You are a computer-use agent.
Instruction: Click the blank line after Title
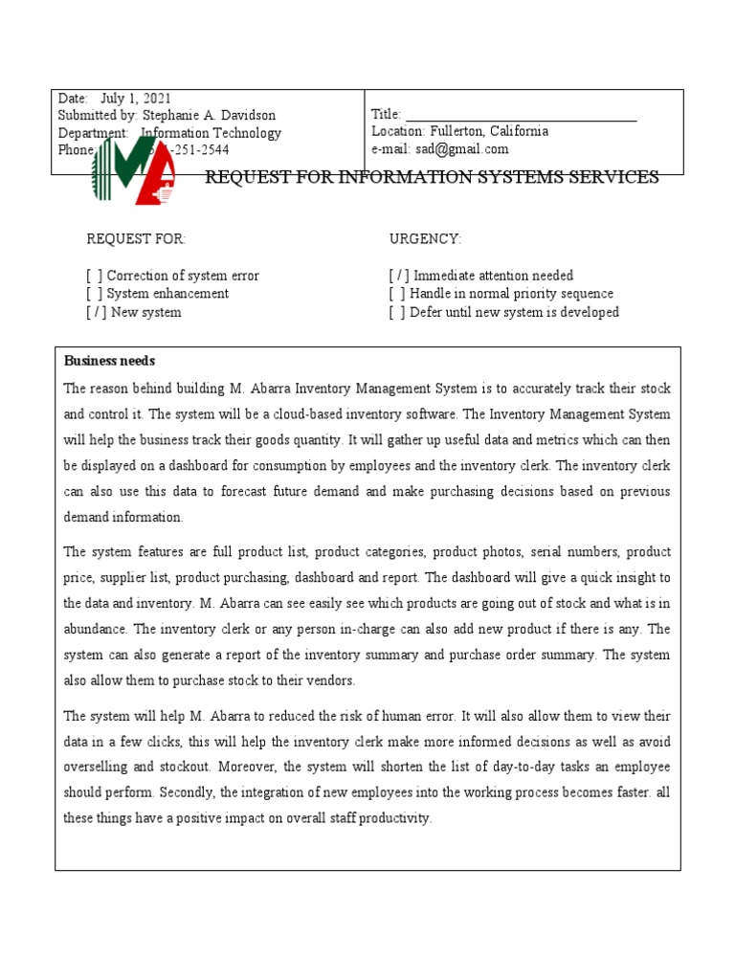point(522,115)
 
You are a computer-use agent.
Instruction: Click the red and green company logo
point(134,170)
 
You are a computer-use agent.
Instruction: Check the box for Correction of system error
point(95,276)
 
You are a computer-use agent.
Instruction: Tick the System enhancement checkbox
point(95,294)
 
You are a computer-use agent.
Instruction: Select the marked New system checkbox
point(97,312)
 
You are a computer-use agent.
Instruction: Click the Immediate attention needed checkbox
point(399,276)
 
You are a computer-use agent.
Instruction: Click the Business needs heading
point(109,361)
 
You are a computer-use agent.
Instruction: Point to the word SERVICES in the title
point(612,177)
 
